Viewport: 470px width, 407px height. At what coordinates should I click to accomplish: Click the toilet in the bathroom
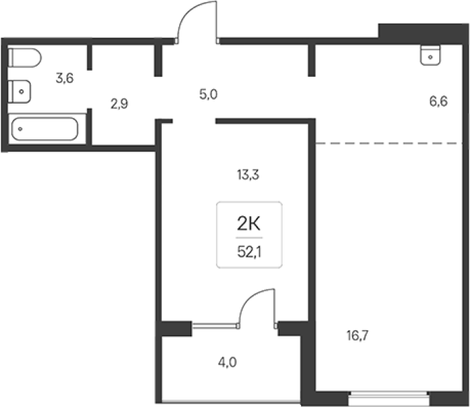pos(25,58)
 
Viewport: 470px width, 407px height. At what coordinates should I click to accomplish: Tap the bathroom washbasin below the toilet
pos(19,91)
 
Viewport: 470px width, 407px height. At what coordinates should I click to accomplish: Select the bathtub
pos(45,129)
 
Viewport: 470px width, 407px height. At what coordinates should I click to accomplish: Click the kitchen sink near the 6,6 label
pos(430,55)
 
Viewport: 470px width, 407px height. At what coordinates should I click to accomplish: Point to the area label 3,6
pos(64,78)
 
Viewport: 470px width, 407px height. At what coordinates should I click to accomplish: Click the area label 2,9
pos(119,104)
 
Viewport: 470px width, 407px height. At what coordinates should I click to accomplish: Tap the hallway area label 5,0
pos(209,95)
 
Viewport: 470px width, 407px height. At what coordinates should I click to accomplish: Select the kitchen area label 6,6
pos(438,102)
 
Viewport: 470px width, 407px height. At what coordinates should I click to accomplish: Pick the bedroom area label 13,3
pos(248,174)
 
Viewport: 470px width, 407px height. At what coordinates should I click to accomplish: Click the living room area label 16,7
pos(357,336)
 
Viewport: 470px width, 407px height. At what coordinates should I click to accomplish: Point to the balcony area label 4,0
pos(227,362)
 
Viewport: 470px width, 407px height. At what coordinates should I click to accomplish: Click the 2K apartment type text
pos(249,224)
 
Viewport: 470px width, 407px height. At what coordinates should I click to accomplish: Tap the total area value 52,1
pos(249,253)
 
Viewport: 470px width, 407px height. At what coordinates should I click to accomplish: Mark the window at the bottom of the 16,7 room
pos(389,399)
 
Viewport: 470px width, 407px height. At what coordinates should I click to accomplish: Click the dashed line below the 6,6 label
pos(389,143)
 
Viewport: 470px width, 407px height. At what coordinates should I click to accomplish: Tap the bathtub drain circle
pos(20,129)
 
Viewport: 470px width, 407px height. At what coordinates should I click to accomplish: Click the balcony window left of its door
pos(215,325)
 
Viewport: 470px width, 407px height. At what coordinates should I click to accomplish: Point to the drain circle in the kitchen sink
pos(430,57)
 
